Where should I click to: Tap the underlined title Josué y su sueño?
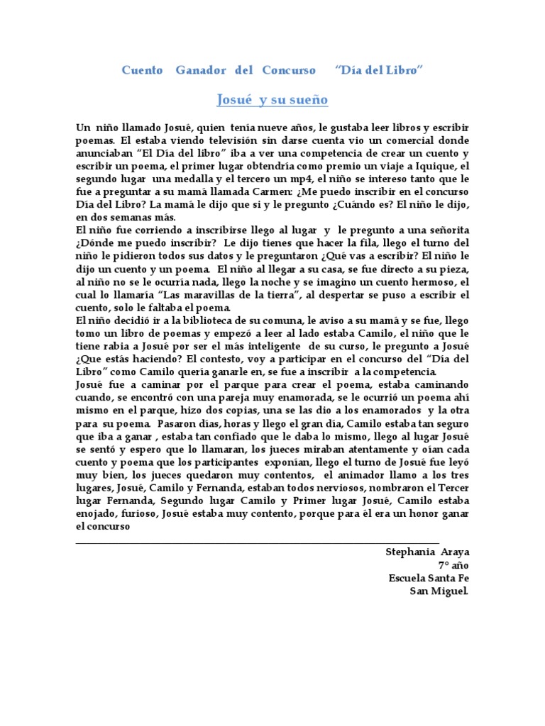(x=272, y=100)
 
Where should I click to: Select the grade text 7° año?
(x=453, y=565)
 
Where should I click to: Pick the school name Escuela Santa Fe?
(x=429, y=578)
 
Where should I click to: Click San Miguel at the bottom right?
(x=439, y=591)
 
